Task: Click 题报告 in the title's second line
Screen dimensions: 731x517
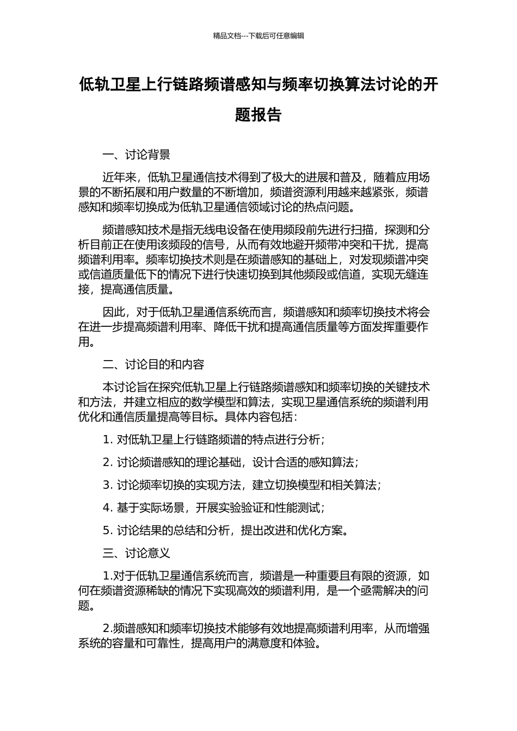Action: coord(258,115)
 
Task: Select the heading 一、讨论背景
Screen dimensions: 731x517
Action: coord(137,155)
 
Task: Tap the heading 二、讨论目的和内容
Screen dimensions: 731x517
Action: coord(153,364)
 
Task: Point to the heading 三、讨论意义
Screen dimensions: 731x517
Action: coord(137,553)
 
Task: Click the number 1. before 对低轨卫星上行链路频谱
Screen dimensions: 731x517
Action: coord(107,439)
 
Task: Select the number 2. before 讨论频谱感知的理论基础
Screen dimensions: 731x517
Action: coord(107,462)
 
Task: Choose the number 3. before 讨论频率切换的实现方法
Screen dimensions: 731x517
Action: coord(107,485)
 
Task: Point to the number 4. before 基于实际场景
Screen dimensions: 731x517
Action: coord(107,508)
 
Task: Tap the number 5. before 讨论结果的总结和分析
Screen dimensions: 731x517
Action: coord(107,531)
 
